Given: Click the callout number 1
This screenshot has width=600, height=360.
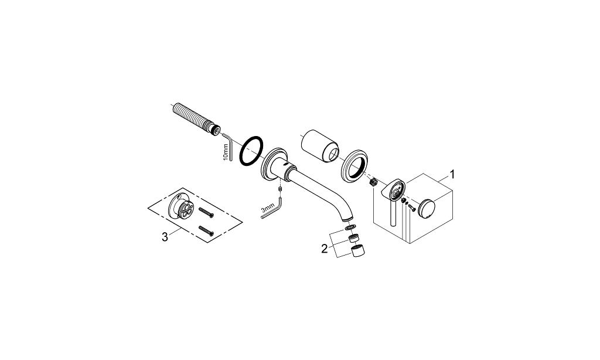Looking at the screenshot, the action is (x=452, y=175).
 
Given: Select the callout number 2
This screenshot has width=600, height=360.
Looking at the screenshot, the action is (x=325, y=249).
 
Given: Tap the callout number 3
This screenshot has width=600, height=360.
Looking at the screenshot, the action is (x=165, y=237).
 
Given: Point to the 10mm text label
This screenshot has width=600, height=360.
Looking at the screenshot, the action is (x=226, y=152).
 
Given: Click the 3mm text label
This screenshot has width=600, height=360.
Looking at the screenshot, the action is (x=267, y=209).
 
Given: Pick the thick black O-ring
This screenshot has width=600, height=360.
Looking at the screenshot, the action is (x=251, y=152).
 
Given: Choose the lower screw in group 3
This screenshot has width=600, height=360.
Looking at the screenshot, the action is (x=206, y=231).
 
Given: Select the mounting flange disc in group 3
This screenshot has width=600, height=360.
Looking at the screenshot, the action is (x=180, y=206).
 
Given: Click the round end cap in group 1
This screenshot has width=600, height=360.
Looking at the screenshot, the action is (x=427, y=209).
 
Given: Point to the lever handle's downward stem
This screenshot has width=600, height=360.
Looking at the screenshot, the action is (x=392, y=213).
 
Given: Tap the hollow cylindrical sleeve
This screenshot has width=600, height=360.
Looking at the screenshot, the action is (x=320, y=147).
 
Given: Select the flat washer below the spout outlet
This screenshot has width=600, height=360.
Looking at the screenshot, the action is (x=349, y=228).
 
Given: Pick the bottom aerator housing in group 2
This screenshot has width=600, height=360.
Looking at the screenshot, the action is (x=358, y=251).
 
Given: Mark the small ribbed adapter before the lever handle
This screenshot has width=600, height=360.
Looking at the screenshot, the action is (x=374, y=182).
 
